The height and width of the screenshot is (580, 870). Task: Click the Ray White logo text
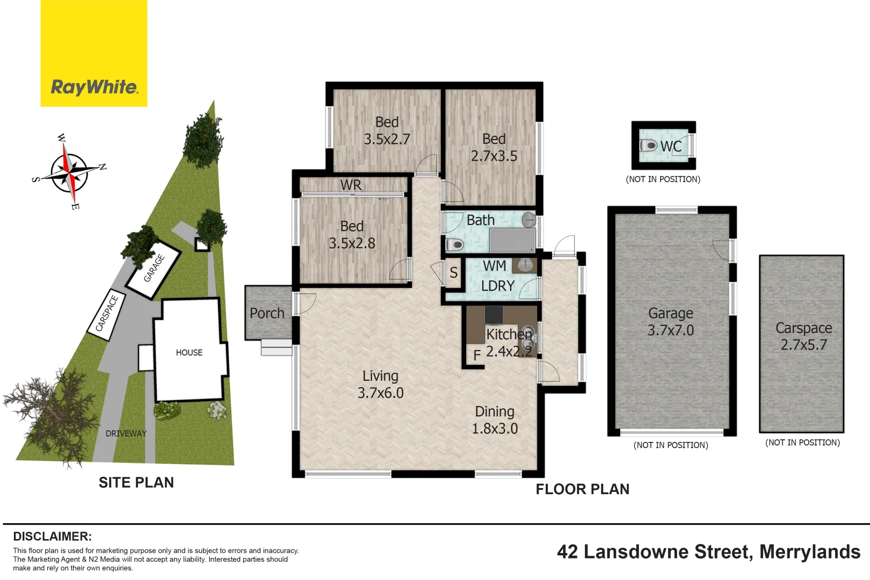click(x=94, y=87)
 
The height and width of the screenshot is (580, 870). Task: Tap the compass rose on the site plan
click(x=69, y=172)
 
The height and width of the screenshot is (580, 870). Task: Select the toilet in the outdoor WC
click(x=649, y=146)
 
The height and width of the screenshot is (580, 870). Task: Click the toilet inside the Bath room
click(x=455, y=245)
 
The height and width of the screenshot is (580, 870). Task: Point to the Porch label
click(x=267, y=313)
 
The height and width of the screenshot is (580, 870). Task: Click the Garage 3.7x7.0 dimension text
click(x=670, y=330)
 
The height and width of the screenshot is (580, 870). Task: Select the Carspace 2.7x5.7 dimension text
click(x=803, y=345)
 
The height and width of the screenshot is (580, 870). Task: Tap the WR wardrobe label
click(x=351, y=185)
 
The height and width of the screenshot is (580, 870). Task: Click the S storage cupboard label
click(x=453, y=273)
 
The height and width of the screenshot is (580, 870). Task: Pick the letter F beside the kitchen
click(x=476, y=356)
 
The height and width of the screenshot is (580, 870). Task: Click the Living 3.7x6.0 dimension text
click(x=380, y=393)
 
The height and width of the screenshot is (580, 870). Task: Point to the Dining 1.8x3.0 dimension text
click(x=495, y=429)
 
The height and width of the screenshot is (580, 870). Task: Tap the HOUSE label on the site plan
click(x=189, y=353)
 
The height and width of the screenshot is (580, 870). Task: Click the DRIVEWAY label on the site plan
click(x=126, y=433)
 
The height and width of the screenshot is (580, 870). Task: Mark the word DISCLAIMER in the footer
click(x=52, y=536)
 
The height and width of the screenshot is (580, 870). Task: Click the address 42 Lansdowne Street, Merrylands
click(x=708, y=552)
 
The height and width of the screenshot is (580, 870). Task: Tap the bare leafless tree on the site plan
click(x=51, y=411)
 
